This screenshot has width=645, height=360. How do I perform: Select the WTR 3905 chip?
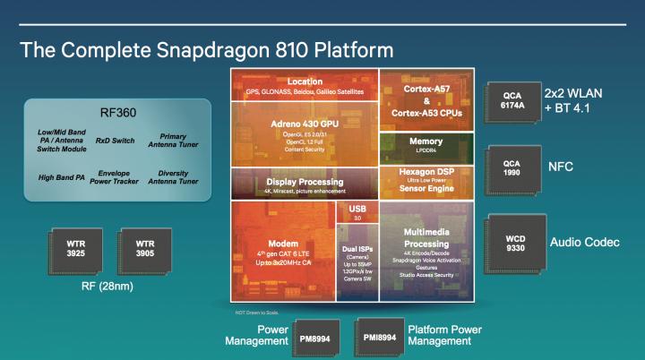143,246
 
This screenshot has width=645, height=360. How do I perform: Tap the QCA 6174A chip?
511,99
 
